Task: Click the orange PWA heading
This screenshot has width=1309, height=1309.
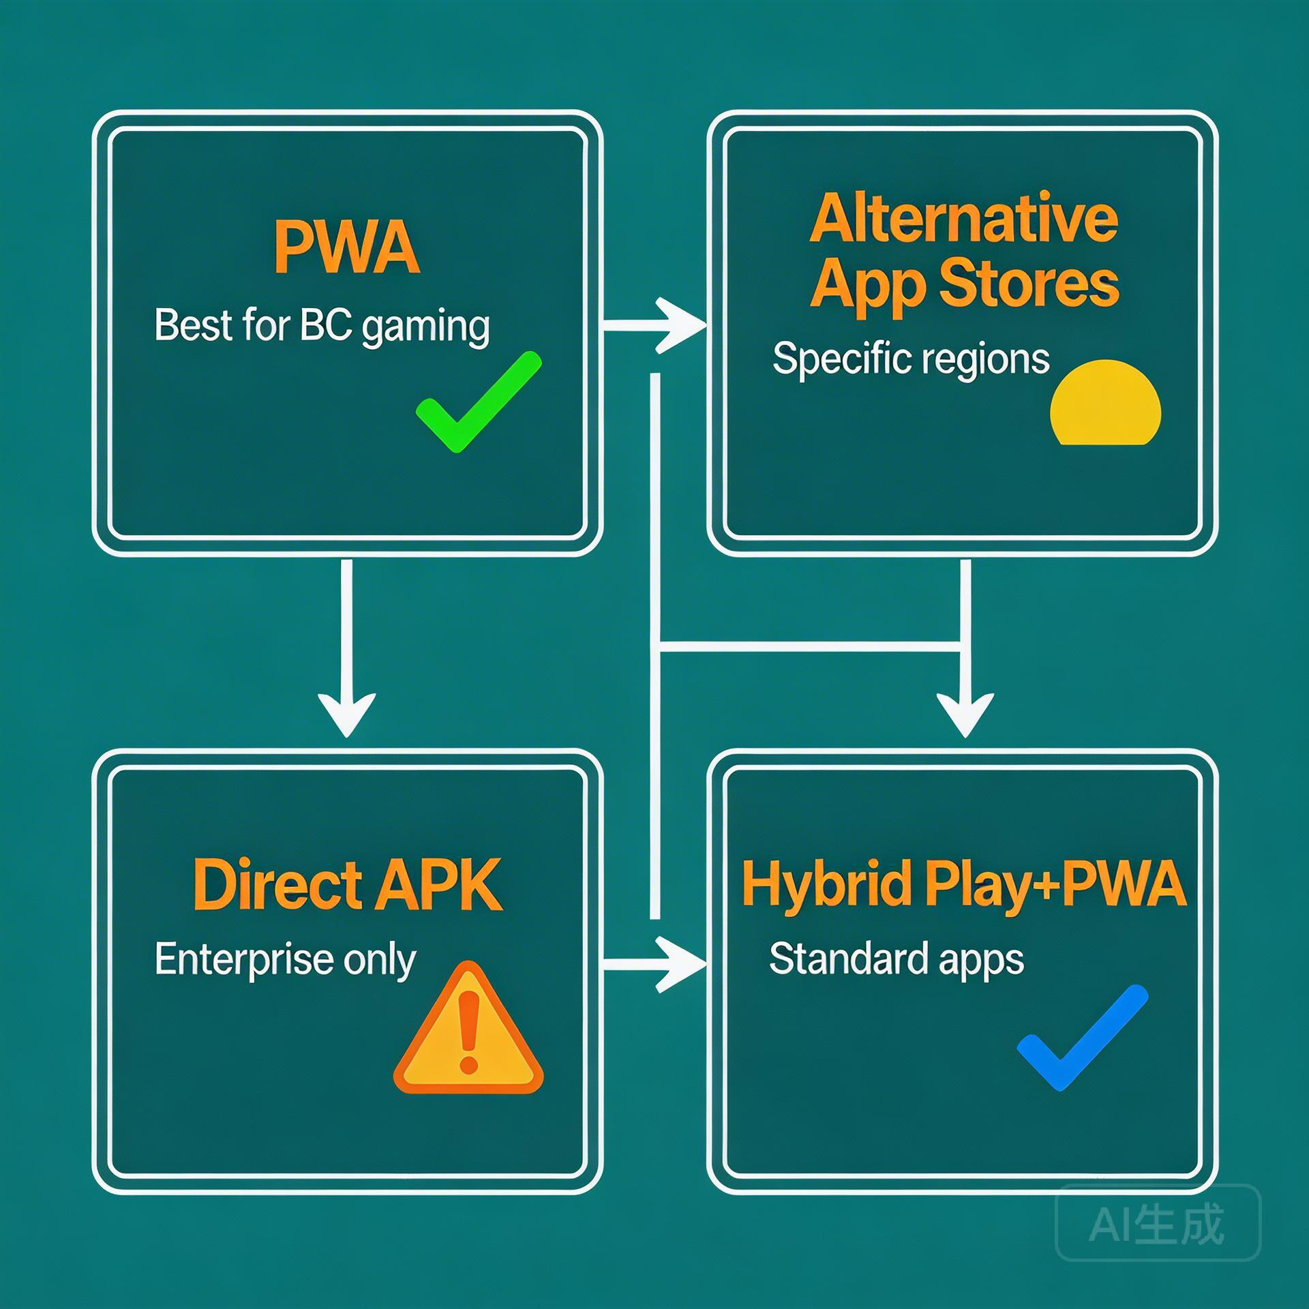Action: [x=346, y=247]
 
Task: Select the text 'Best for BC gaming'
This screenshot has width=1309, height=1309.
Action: [x=322, y=326]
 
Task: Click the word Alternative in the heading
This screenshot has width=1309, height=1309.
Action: [x=963, y=220]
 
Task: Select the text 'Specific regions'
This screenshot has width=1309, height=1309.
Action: [x=910, y=359]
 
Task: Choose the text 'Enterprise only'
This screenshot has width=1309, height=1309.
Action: [x=285, y=960]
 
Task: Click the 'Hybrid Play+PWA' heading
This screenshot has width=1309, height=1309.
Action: [x=963, y=884]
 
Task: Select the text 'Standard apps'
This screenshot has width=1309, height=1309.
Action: [x=896, y=959]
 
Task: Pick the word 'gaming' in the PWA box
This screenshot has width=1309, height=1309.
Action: [x=425, y=327]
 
